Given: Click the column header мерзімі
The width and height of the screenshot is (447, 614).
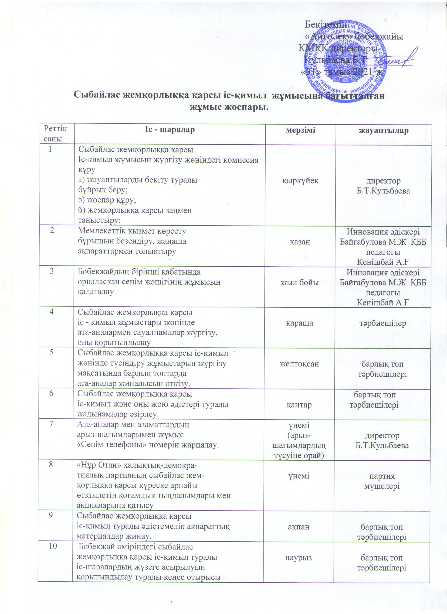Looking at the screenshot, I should pyautogui.click(x=300, y=130).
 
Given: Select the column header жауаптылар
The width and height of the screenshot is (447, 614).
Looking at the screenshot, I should pyautogui.click(x=383, y=130).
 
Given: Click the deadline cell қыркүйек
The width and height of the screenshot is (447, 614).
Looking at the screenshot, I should pyautogui.click(x=300, y=181).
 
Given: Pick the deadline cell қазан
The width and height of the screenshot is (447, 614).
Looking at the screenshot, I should pyautogui.click(x=300, y=242).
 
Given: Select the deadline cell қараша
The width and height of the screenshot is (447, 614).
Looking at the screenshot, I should pyautogui.click(x=300, y=323).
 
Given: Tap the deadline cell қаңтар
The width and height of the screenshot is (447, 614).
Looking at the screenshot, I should pyautogui.click(x=299, y=405).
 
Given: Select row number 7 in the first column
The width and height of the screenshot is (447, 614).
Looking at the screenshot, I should pyautogui.click(x=51, y=424).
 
